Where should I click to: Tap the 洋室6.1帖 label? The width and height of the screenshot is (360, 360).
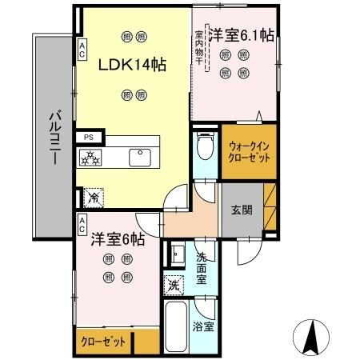click(x=242, y=36)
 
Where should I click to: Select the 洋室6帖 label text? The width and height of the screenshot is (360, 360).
click(x=117, y=238)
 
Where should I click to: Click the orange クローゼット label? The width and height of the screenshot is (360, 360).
click(x=104, y=342)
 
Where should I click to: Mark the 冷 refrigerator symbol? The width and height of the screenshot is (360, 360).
click(x=94, y=194)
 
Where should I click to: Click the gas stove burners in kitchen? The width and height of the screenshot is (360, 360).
click(x=90, y=158)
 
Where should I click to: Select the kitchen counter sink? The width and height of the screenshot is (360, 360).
click(x=142, y=156)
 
